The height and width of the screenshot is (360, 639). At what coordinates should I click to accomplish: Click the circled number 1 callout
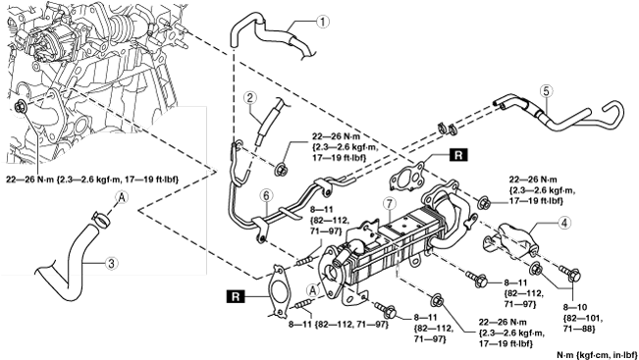click(x=323, y=22)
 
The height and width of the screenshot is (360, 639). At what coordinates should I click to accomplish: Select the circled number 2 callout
click(x=250, y=98)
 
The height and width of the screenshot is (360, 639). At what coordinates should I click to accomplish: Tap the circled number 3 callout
click(x=112, y=264)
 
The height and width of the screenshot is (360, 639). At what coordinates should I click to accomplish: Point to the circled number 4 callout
click(x=564, y=223)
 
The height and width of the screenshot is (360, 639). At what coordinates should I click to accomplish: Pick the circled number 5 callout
click(x=546, y=91)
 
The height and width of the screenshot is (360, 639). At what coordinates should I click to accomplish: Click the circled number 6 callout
click(x=266, y=195)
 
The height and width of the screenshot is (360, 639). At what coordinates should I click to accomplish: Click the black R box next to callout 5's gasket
click(x=458, y=155)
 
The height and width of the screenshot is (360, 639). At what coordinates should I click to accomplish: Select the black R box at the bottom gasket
click(x=236, y=296)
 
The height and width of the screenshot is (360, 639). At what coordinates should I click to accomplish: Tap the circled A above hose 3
click(x=123, y=198)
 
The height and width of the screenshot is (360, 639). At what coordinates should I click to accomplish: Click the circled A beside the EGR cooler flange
click(x=313, y=290)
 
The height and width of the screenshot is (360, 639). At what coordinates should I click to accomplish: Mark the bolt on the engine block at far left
click(x=20, y=107)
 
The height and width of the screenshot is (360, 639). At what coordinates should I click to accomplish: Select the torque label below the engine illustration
click(x=92, y=180)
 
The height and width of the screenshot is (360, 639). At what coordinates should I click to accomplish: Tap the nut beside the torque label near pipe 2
click(x=280, y=169)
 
